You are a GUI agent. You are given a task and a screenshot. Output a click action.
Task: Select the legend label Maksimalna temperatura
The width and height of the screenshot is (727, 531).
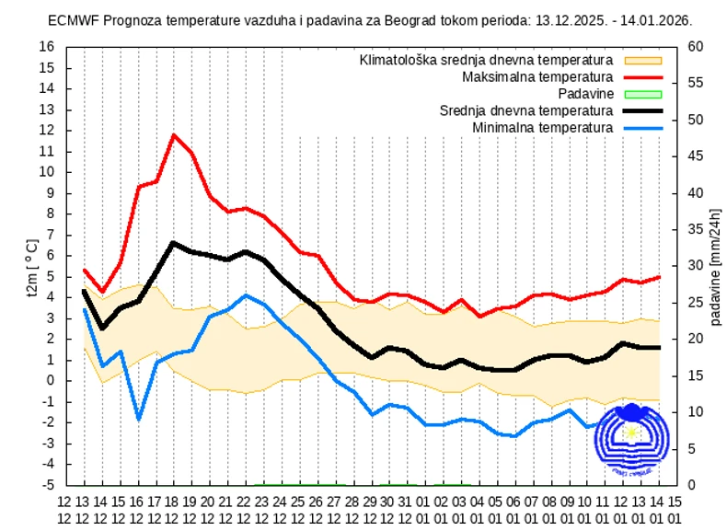click(x=537, y=76)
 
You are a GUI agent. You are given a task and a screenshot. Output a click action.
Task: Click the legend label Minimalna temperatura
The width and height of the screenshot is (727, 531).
click(x=542, y=126)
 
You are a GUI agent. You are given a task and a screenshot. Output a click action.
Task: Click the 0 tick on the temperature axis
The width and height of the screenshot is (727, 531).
click(x=52, y=380)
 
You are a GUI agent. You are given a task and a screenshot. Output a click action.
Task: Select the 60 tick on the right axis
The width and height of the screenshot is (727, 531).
click(x=696, y=47)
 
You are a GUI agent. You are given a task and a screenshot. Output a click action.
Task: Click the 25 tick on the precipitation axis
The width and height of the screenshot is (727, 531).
click(x=696, y=303)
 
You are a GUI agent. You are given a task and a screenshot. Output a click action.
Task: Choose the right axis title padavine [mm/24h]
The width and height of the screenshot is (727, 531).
click(x=715, y=266)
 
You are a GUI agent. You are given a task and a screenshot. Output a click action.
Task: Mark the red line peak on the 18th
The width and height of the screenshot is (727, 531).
click(x=174, y=135)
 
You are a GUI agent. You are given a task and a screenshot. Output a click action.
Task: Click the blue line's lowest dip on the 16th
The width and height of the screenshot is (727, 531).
click(x=139, y=420)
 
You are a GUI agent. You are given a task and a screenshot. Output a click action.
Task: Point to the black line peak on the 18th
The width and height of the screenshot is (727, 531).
click(x=174, y=243)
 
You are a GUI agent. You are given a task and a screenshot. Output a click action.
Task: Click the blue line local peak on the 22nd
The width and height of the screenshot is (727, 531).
click(x=245, y=295)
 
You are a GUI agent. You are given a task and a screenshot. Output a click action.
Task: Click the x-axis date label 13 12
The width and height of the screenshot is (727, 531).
click(x=84, y=509)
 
